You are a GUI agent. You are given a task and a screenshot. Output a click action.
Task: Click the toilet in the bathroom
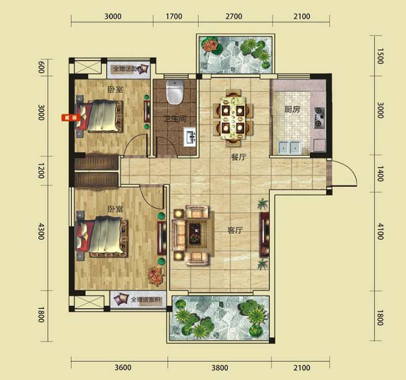click(x=174, y=91)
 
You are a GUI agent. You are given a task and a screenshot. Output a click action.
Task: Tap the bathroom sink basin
click(x=190, y=137)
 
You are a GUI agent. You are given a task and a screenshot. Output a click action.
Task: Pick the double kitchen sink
click(x=289, y=147)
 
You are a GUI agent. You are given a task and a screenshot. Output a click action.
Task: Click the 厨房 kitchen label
click(x=292, y=109)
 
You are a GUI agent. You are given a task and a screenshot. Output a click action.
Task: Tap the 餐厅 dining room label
click(x=239, y=158)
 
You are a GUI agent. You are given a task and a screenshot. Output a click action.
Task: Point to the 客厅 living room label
click(x=235, y=231)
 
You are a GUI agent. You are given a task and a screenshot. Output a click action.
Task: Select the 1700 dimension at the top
click(x=174, y=16)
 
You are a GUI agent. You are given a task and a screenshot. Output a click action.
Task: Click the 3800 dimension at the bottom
click(x=220, y=367)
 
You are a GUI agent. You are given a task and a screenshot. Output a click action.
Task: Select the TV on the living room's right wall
click(x=264, y=234)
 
